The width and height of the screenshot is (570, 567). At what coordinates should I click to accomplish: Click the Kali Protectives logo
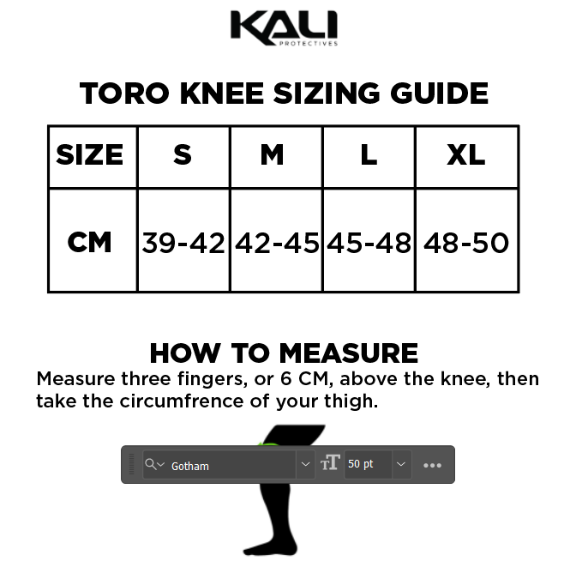coord(284,27)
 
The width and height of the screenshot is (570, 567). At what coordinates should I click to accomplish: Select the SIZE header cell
coord(90,155)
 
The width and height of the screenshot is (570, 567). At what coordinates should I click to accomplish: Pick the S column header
coord(183,155)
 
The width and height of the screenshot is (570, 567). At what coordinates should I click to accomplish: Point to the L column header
coord(369,155)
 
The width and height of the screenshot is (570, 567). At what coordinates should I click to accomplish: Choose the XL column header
coord(466,155)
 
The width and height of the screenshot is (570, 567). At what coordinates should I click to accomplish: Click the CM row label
coord(90,242)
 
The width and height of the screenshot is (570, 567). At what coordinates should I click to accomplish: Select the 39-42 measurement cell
coord(183,243)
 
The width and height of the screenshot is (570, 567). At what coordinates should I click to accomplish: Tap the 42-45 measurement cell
coord(276,243)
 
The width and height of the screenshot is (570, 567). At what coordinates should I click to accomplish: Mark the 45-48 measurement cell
coord(369,243)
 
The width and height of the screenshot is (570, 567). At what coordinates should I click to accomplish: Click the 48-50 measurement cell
coord(466,243)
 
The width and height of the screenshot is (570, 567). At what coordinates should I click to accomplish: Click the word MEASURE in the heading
coord(349,353)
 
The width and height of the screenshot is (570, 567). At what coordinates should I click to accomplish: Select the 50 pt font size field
coord(367,464)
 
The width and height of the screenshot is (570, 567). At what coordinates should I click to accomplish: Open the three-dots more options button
coord(432,465)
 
